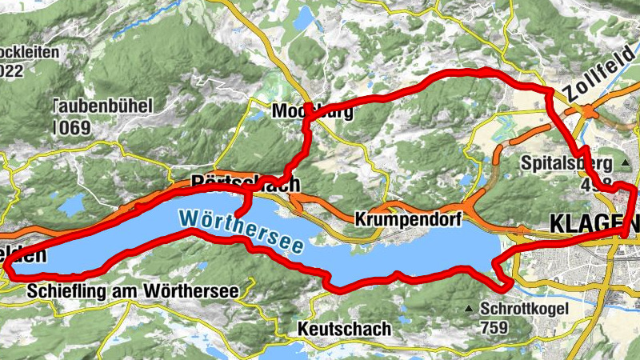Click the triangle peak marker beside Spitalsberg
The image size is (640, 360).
624,163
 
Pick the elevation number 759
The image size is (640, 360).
496,327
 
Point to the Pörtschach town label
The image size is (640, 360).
246,184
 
